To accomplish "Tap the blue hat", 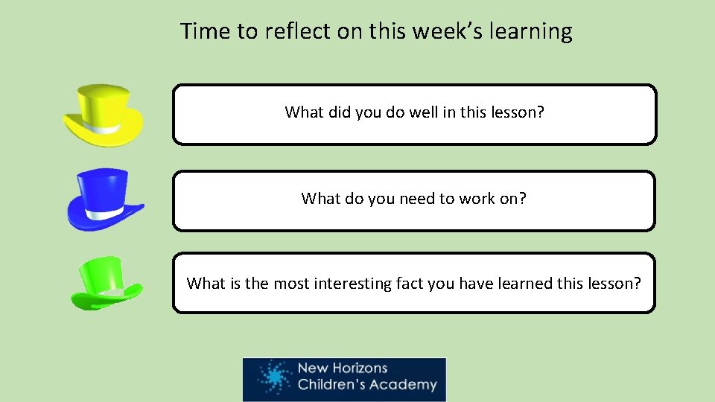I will pos(104,198).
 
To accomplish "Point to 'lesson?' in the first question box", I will pos(518,112).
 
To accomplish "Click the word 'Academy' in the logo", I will pos(407,385).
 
